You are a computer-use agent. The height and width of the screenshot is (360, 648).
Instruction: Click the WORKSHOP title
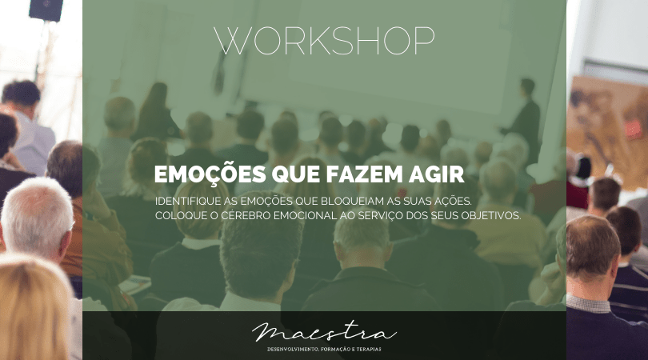[x=325, y=41]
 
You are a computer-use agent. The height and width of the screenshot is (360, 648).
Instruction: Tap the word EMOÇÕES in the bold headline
[x=210, y=174]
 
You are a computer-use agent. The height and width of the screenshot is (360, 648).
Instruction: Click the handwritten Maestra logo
[x=325, y=332]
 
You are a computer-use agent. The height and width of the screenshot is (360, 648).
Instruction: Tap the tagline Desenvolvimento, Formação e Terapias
[x=325, y=350]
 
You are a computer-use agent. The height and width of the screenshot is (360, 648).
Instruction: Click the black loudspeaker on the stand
[x=46, y=10]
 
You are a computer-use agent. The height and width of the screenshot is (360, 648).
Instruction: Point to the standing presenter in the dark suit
[x=523, y=118]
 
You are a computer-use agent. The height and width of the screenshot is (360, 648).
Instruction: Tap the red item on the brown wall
[x=633, y=129]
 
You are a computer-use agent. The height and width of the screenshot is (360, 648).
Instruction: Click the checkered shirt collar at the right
[x=588, y=304]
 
